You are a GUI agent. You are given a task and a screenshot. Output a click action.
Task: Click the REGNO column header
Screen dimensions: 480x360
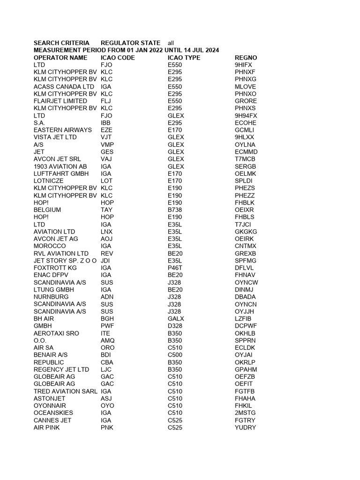[246, 58]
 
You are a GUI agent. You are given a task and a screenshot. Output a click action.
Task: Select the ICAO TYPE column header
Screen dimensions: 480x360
[184, 58]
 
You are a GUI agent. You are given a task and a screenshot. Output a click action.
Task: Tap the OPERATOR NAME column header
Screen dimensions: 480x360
[60, 58]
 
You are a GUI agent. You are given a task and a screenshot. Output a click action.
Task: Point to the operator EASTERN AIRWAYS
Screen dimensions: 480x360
[62, 130]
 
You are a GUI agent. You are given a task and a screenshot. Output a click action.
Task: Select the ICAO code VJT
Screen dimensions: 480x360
[107, 137]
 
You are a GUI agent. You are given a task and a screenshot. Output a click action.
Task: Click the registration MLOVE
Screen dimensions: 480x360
[246, 87]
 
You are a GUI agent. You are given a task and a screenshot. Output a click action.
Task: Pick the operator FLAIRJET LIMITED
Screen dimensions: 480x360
[60, 101]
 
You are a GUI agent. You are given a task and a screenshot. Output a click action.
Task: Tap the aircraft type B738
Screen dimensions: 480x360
[175, 210]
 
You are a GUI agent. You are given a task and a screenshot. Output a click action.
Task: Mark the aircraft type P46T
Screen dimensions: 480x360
[175, 268]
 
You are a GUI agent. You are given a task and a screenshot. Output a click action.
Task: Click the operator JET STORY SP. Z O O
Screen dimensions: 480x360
[65, 261]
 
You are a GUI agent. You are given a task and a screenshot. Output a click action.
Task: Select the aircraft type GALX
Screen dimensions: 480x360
[176, 318]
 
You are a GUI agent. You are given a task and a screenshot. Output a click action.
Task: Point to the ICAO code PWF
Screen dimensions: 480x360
[107, 326]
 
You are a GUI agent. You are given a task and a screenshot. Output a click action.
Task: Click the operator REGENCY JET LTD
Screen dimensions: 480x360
[61, 369]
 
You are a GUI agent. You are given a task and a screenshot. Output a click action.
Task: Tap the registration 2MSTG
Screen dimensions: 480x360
[245, 413]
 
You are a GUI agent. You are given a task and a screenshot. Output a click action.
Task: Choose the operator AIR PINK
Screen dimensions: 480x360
[47, 427]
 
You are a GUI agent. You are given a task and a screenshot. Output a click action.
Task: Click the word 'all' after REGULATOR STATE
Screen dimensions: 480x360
[171, 43]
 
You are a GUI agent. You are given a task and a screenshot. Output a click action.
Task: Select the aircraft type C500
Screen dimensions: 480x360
[175, 355]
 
